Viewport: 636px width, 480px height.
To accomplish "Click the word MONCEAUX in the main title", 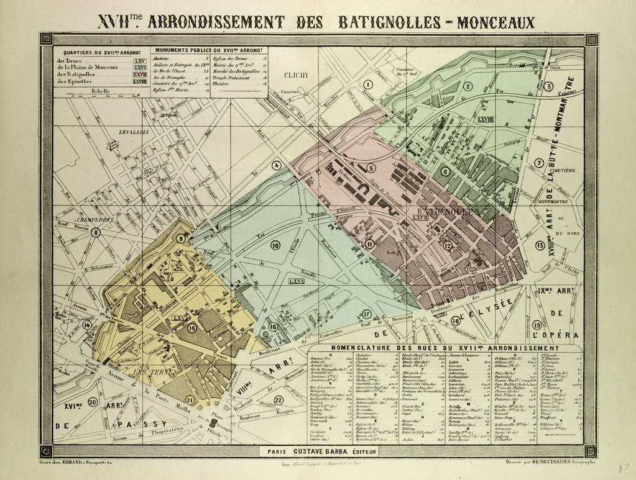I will tap(495, 22).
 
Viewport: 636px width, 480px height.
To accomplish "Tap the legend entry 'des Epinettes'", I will tap(73, 81).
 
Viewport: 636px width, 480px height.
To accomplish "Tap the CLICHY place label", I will tap(297, 75).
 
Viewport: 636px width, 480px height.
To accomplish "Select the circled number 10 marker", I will tap(275, 245).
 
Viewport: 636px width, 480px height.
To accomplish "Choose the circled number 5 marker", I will tap(371, 168).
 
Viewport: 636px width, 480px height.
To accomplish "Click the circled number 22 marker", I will tap(279, 399).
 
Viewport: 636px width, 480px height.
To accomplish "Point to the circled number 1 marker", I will tap(368, 84).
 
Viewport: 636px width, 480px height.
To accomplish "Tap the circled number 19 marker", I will tap(537, 325).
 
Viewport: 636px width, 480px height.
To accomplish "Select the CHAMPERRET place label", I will tap(94, 220).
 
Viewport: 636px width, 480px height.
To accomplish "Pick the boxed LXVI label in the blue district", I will tap(297, 281).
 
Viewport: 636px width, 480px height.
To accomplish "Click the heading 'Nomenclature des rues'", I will tap(445, 348).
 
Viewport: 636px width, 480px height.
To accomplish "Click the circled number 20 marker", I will tap(93, 402).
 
